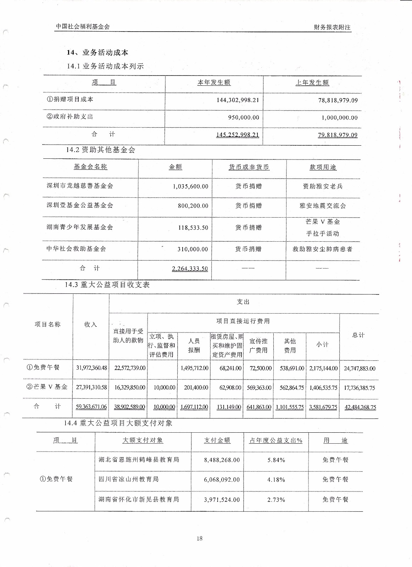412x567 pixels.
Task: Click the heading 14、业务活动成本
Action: (x=98, y=52)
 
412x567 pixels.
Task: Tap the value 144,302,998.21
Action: (x=238, y=100)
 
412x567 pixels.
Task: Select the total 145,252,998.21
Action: (x=238, y=135)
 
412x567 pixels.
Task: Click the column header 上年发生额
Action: (x=312, y=83)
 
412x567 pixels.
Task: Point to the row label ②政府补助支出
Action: (x=70, y=117)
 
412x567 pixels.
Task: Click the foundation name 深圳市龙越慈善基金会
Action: (x=80, y=186)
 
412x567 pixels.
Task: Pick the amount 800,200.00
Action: (x=193, y=206)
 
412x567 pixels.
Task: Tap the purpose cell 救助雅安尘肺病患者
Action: (x=322, y=249)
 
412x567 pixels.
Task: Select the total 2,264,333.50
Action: (x=190, y=269)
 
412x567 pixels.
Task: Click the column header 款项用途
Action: (x=323, y=167)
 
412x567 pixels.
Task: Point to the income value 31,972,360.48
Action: (x=91, y=368)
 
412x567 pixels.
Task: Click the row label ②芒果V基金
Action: (x=47, y=387)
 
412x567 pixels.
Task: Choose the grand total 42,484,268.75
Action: (x=360, y=408)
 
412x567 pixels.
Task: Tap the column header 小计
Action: (x=322, y=344)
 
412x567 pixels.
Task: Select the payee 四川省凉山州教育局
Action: (x=129, y=479)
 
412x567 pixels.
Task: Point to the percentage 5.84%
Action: (x=276, y=460)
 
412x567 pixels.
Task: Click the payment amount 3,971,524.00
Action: (x=222, y=500)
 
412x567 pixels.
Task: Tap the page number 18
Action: (x=199, y=539)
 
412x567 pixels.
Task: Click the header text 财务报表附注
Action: (x=332, y=27)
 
